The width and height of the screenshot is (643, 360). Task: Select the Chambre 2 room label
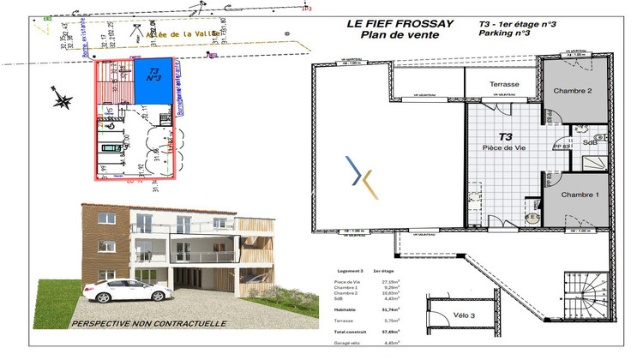tap(573, 91)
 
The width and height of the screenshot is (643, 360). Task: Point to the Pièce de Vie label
tap(505, 147)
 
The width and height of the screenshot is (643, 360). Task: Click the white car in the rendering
tap(125, 290)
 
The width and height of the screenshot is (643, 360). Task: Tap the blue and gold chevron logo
tap(358, 176)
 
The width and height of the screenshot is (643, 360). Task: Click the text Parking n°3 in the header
tap(504, 34)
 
